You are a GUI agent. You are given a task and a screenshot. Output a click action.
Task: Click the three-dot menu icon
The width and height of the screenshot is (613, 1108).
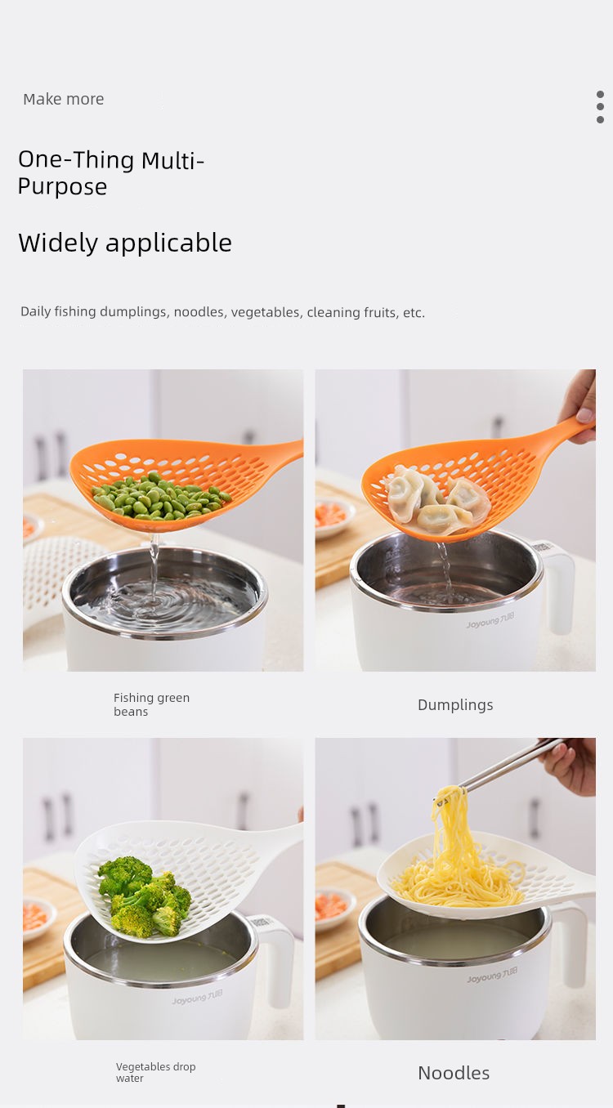tap(600, 107)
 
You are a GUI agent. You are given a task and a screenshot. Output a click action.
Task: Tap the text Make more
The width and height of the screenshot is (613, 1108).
tap(63, 100)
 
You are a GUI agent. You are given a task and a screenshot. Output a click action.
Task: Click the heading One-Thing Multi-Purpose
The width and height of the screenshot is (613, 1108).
tap(111, 173)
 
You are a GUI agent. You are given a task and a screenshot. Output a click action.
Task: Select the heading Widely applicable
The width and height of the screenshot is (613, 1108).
tap(125, 243)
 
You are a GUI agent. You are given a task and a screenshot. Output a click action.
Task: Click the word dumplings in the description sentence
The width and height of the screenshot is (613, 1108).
tap(134, 312)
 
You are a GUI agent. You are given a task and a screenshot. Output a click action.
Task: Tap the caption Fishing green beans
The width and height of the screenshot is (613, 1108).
tap(151, 704)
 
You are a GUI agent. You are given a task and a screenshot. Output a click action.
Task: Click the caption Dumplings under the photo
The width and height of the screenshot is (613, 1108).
tap(455, 705)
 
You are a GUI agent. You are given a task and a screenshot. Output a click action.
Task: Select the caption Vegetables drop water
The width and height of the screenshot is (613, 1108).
tap(155, 1072)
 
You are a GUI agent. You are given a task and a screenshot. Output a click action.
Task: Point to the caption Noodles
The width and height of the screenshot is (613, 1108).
tap(454, 1073)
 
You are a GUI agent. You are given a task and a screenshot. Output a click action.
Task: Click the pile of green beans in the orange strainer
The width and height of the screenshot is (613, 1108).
tap(161, 496)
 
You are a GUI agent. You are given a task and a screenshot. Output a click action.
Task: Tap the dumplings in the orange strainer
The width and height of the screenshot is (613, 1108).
tap(437, 506)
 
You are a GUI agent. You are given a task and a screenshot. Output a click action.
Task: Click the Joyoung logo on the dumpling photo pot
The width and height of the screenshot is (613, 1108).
tap(490, 620)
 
